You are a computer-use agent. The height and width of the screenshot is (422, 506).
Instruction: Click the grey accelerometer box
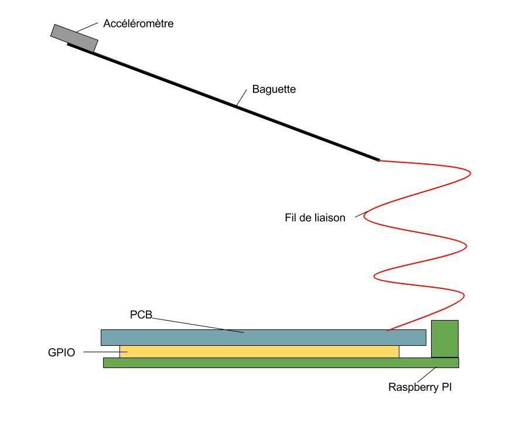pos(74,38)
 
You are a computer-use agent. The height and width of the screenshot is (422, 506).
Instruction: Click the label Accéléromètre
pos(138,24)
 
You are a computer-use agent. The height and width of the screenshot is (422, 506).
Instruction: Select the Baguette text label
pos(273,90)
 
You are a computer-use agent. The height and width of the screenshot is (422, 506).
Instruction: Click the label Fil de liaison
pos(314,218)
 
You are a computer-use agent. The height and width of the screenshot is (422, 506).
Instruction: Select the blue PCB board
pos(263,338)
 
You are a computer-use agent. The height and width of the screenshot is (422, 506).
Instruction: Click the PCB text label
pos(141,315)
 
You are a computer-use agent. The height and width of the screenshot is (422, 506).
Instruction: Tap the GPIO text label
pos(61,353)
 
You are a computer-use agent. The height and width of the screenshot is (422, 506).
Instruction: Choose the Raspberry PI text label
pos(420,387)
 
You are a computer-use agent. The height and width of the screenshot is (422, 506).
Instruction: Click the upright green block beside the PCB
pos(445,339)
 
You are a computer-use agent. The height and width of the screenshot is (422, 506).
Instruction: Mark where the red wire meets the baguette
pos(379,160)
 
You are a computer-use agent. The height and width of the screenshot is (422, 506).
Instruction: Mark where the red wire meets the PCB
pos(388,331)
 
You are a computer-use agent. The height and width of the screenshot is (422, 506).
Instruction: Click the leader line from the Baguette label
pos(243,97)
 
